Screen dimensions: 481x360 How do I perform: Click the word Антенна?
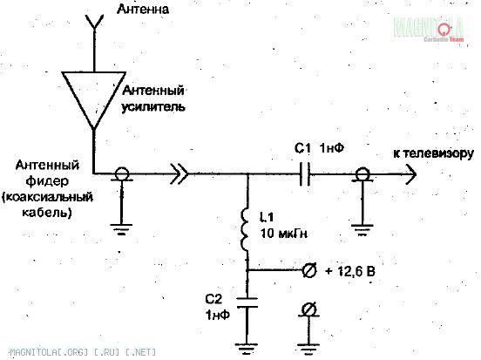coord(143,9)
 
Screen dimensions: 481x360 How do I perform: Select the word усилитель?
coord(153,107)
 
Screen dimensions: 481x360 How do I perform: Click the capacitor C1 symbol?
coord(305,174)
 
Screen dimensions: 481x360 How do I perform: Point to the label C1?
coord(302,148)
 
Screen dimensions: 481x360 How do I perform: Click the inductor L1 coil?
coord(245,229)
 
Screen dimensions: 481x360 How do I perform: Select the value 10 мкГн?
coord(284,234)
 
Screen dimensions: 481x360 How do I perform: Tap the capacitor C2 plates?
coord(247,302)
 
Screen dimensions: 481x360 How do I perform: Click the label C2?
coord(213,299)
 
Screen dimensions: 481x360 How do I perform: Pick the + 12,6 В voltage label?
coord(350,271)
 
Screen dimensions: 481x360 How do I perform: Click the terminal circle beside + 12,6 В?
coord(308,271)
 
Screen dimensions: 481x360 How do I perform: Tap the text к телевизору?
coord(433,153)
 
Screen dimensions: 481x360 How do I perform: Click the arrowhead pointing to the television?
coord(411,174)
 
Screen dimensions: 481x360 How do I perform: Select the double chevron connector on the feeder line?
coord(180,174)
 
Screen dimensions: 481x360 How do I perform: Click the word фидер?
coord(47,181)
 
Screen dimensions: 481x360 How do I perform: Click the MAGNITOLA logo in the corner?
coord(429,29)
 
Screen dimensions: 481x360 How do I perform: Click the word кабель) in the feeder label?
coord(47,213)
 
